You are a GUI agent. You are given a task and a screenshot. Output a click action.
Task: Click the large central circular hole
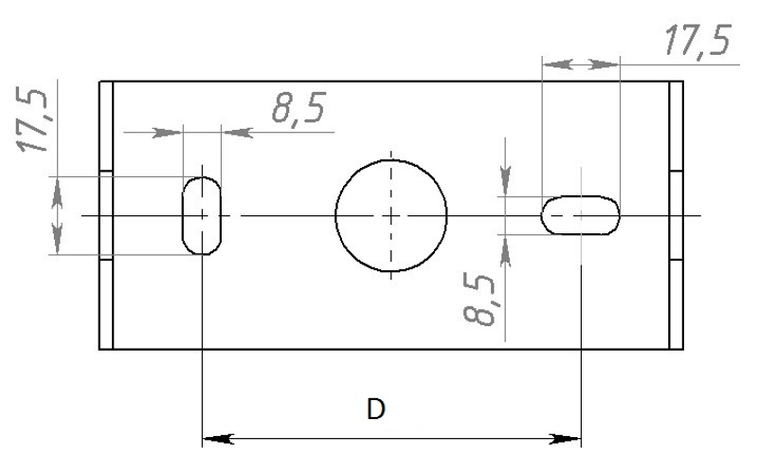click(391, 160)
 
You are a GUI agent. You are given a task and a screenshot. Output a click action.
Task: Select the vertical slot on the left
click(183, 215)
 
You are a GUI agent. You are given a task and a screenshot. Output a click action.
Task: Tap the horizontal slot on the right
click(580, 197)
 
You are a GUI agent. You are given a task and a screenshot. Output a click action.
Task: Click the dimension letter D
click(375, 410)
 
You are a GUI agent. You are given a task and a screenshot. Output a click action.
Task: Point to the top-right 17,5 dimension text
click(697, 41)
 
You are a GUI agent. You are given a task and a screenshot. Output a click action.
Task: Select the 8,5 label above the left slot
click(298, 107)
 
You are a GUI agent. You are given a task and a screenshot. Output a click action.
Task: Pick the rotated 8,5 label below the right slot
click(479, 299)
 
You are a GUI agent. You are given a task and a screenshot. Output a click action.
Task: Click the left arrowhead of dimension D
click(218, 439)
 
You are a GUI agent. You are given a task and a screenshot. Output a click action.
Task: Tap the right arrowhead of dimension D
click(566, 439)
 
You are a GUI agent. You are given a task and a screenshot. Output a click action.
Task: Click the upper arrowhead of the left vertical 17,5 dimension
click(58, 191)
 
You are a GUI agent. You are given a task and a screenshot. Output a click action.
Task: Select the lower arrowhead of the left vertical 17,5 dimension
click(58, 239)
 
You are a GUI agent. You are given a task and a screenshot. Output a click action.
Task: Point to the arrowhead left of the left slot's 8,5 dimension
click(168, 132)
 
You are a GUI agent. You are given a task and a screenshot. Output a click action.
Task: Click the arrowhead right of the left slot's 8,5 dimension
click(237, 132)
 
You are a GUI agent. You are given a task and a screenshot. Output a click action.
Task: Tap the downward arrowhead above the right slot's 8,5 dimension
click(505, 181)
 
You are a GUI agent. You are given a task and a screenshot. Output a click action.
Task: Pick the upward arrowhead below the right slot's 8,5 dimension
click(505, 250)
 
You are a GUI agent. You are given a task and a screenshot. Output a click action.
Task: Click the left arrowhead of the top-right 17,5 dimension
click(557, 64)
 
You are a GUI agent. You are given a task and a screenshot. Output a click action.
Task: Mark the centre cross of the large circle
click(391, 216)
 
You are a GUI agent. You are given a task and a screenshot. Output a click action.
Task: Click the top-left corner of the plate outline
click(99, 82)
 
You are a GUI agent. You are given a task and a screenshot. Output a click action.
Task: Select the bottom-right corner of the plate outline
click(683, 349)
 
